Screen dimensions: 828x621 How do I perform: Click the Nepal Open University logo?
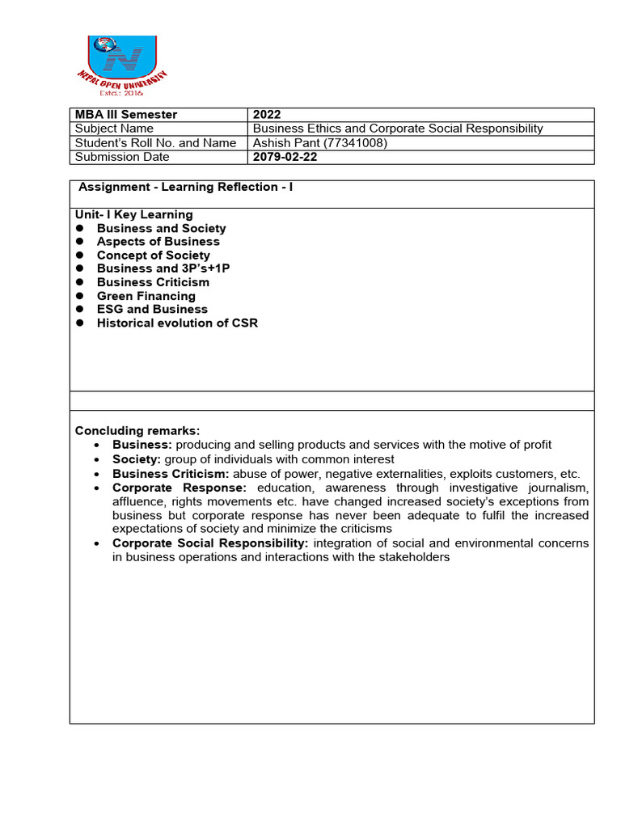(x=120, y=65)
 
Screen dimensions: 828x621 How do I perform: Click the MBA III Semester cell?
(x=125, y=115)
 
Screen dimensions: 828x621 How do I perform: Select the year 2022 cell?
(x=267, y=115)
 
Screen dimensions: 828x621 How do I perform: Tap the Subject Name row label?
(x=114, y=129)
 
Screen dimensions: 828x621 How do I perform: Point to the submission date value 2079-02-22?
(x=285, y=158)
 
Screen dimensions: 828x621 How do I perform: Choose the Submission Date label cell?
(x=122, y=158)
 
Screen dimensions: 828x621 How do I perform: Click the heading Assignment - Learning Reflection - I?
(x=186, y=188)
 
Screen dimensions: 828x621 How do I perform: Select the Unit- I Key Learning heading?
(x=133, y=214)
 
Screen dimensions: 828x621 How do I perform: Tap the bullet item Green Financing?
(x=146, y=296)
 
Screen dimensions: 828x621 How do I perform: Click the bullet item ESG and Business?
(x=152, y=309)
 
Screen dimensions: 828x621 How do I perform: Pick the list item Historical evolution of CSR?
(x=177, y=323)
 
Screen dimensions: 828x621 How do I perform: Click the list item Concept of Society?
(x=153, y=256)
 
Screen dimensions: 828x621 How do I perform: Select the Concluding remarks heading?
(x=137, y=430)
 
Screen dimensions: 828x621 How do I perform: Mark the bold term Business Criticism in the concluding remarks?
(x=171, y=475)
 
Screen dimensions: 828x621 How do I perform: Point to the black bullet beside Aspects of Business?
(x=80, y=242)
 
